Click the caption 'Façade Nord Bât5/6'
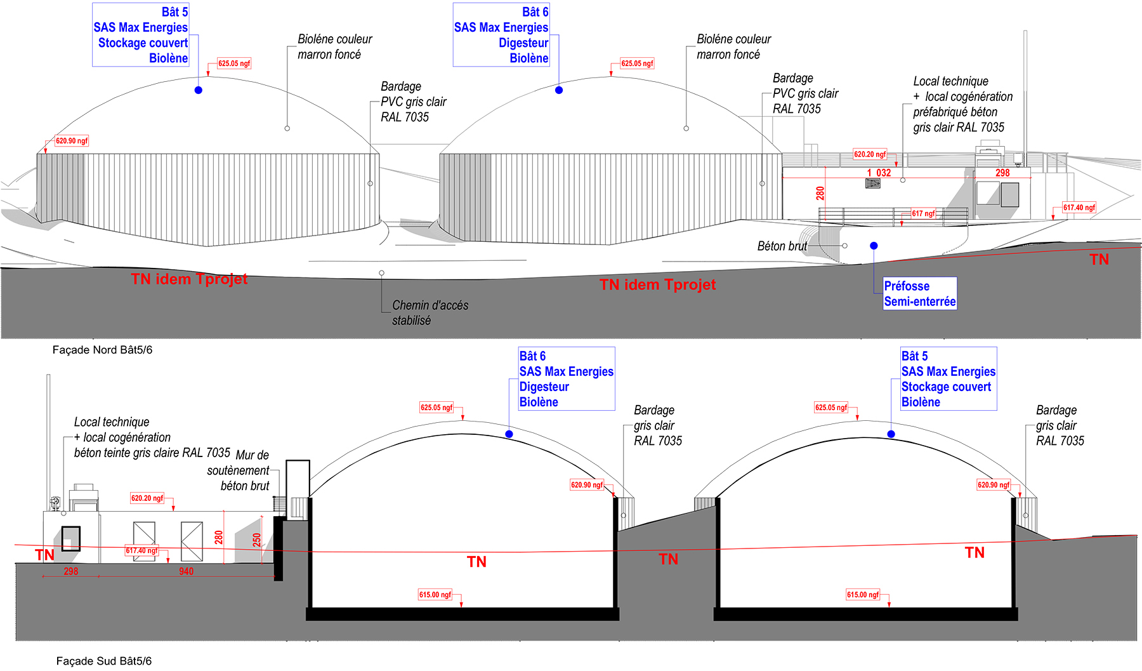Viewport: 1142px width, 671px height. point(102,350)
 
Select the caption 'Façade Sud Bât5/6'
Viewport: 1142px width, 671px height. point(104,661)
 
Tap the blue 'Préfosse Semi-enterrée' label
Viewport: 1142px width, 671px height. point(920,293)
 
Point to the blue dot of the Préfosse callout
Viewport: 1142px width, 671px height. point(874,246)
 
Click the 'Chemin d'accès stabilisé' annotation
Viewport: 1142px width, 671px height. point(430,313)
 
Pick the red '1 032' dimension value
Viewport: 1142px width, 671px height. point(879,173)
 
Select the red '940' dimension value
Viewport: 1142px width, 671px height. point(186,571)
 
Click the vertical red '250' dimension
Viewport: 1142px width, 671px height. point(257,540)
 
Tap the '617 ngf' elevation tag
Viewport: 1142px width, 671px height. point(923,213)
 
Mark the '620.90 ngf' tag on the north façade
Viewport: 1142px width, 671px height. point(72,141)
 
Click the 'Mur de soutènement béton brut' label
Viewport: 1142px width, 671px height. point(239,470)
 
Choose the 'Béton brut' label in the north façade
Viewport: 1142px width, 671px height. point(782,246)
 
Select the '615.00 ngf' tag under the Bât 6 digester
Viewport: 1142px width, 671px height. point(435,595)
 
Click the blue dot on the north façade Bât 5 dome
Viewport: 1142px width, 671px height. point(199,90)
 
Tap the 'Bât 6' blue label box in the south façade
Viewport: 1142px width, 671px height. point(567,379)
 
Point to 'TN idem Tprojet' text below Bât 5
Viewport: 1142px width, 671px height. point(189,279)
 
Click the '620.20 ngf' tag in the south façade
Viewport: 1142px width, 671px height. point(147,498)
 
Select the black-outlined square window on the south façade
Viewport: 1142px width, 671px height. point(71,539)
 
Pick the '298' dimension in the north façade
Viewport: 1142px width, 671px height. point(1002,173)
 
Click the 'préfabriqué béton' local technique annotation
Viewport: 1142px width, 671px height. point(955,112)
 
